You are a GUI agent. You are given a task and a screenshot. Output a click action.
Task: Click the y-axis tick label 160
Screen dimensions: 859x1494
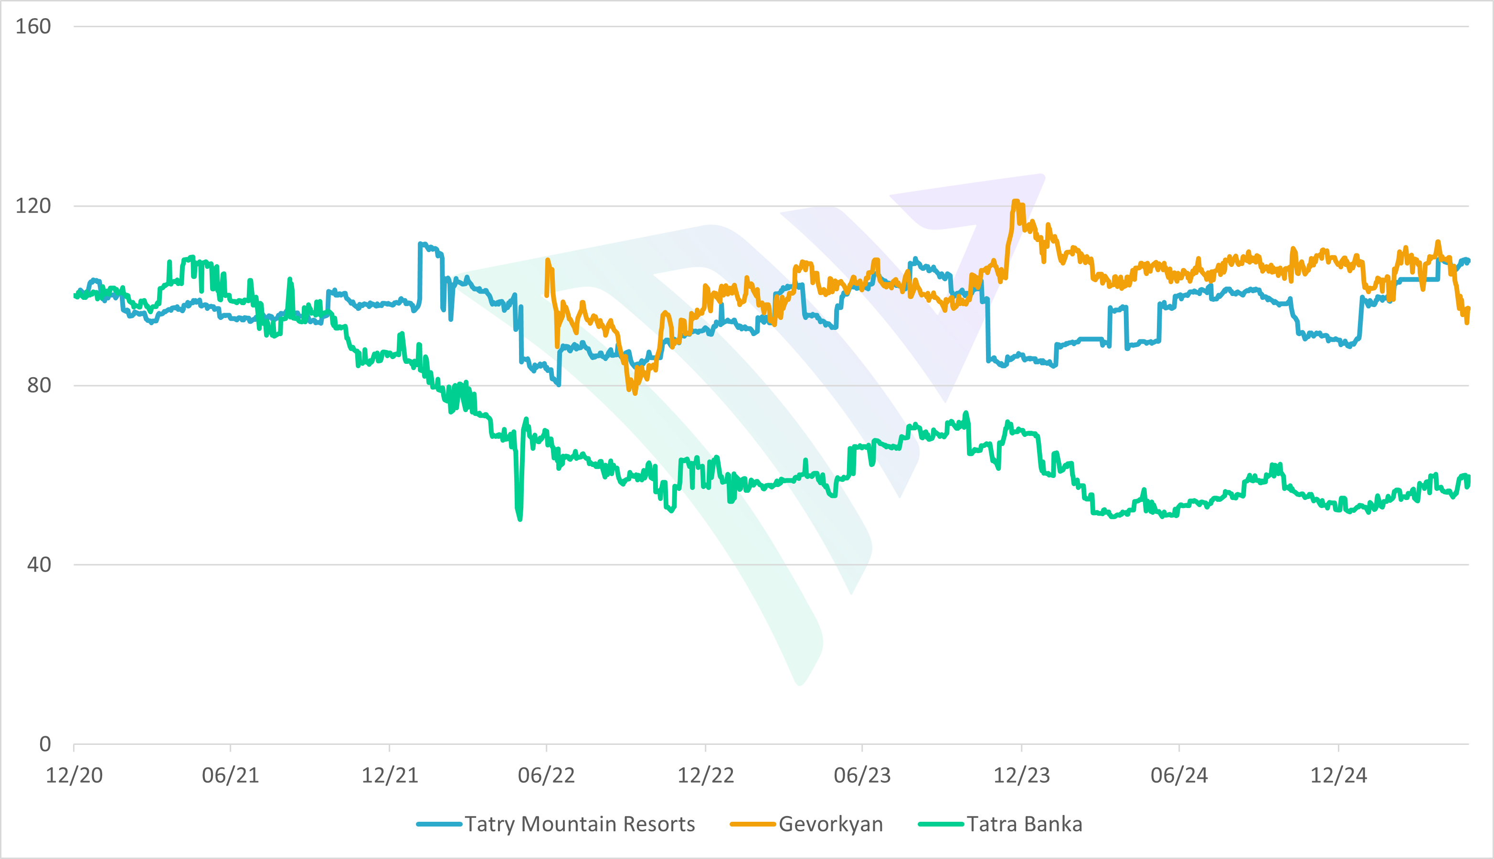pos(33,27)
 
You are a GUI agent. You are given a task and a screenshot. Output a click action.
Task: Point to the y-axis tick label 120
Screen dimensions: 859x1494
pos(33,206)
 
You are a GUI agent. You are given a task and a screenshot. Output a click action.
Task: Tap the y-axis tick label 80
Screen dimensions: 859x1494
pos(39,385)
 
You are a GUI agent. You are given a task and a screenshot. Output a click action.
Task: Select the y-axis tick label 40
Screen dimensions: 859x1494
pos(39,564)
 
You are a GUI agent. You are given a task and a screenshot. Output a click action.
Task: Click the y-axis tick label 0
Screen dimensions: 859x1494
pos(45,744)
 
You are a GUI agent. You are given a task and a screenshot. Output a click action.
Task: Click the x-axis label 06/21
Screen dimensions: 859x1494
pos(231,775)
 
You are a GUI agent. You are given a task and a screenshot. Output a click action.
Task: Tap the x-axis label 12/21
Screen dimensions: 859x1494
pos(390,775)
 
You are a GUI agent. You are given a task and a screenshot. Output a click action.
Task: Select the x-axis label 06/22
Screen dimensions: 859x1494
pos(547,775)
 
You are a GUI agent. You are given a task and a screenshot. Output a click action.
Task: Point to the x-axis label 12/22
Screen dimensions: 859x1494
pos(706,775)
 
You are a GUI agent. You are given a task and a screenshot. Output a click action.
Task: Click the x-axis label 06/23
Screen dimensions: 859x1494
pos(862,775)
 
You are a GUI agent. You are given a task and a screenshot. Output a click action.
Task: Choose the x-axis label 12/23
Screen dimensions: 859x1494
pos(1022,775)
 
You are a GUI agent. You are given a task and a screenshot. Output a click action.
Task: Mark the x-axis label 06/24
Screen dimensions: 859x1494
pos(1179,775)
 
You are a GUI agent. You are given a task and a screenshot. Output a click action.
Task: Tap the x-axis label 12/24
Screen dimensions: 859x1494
pos(1339,775)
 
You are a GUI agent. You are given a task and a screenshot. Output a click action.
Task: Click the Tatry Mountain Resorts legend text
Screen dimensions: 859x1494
pos(580,824)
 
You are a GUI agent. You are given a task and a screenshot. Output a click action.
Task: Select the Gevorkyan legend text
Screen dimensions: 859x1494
pos(830,824)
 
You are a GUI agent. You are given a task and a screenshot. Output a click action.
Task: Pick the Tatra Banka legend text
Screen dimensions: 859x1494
pos(1025,824)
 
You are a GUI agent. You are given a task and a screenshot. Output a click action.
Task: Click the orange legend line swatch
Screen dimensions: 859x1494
pos(752,824)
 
